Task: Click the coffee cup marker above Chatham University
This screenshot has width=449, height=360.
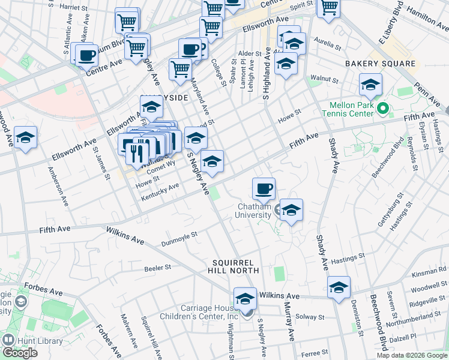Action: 264,190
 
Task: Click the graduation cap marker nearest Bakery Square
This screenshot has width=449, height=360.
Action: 371,85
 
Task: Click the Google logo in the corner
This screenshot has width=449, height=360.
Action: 20,353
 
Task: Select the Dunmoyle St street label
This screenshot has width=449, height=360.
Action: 179,239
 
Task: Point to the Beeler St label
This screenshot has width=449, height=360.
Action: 158,268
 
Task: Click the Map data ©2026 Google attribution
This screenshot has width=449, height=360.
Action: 411,355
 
